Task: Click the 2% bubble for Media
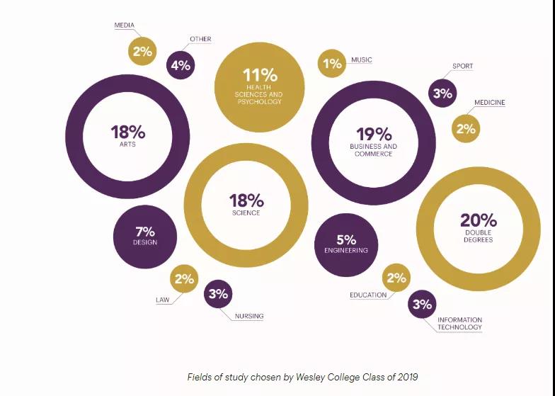142,51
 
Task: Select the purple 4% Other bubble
181,66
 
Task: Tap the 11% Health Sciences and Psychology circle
260,86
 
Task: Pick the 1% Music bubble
332,63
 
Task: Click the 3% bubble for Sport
442,93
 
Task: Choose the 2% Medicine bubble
466,129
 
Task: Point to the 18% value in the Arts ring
127,132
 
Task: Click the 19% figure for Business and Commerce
373,134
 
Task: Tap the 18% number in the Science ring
246,200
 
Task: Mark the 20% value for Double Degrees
479,220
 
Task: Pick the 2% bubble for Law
184,278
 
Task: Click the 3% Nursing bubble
218,294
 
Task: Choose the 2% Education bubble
396,278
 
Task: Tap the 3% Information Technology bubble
422,305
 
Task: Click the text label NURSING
249,316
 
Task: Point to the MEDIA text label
125,26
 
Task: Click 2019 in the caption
413,376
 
